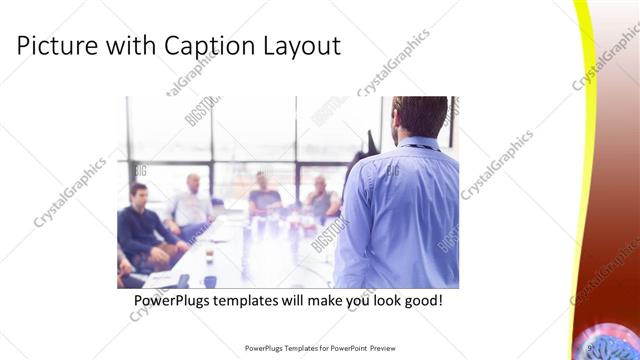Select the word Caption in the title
coord(208,46)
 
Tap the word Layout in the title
coord(304,46)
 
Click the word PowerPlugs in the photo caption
coord(176,300)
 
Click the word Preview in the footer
coord(379,349)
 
